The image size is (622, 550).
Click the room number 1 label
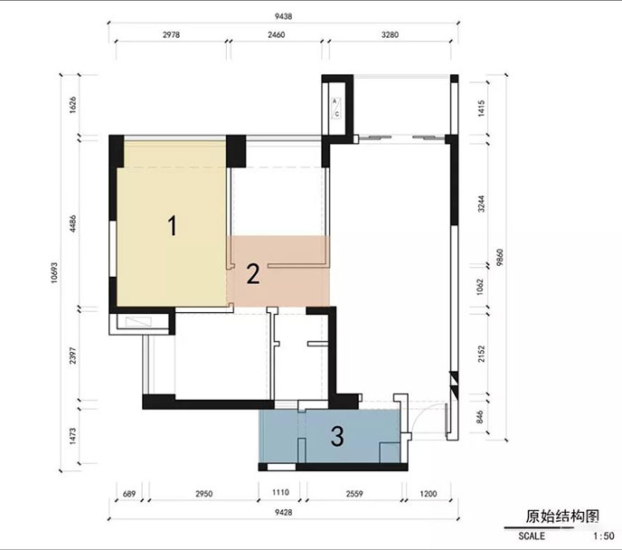tap(172, 225)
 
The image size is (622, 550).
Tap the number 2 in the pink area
tap(253, 274)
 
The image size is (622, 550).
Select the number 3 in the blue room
tap(337, 436)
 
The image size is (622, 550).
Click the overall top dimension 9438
tap(283, 16)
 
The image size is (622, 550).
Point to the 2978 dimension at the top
tap(171, 34)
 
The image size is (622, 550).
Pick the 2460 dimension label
tap(276, 34)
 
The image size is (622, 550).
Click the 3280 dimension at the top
tap(390, 34)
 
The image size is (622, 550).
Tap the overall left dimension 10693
tap(54, 272)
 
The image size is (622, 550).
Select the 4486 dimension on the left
tap(72, 224)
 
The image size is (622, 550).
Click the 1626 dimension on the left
tap(72, 105)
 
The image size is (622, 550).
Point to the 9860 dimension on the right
tap(499, 257)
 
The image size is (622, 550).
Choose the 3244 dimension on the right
tap(481, 204)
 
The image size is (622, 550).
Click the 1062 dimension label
tap(480, 287)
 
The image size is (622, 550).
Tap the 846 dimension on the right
tap(480, 417)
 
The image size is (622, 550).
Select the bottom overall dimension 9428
tap(283, 512)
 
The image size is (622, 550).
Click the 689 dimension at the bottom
tap(129, 494)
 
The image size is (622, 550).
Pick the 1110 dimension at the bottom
tap(280, 492)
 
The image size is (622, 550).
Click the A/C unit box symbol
tap(336, 108)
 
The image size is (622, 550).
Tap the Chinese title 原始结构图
tap(562, 517)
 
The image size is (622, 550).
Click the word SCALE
tap(532, 536)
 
